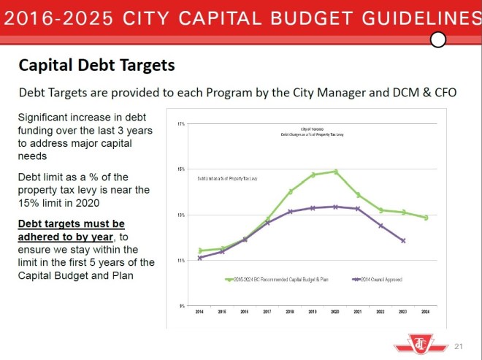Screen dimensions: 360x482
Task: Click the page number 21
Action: coord(459,345)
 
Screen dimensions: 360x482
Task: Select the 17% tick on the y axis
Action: coord(180,124)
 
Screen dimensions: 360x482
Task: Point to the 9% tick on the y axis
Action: coord(181,305)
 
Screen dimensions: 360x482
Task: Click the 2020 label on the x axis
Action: coord(335,313)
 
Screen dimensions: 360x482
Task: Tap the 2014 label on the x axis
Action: coord(199,313)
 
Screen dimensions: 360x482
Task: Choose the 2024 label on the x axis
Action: coord(426,313)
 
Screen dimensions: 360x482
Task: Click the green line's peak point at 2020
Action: coord(335,172)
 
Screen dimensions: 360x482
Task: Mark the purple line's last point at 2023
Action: coord(403,240)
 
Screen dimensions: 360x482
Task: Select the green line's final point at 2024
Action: coord(426,218)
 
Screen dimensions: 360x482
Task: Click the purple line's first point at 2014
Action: coord(199,258)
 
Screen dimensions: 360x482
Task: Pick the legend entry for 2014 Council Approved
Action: coord(377,279)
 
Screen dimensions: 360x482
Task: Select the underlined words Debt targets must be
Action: coord(71,223)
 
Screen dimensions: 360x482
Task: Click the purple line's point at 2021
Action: coord(358,209)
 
